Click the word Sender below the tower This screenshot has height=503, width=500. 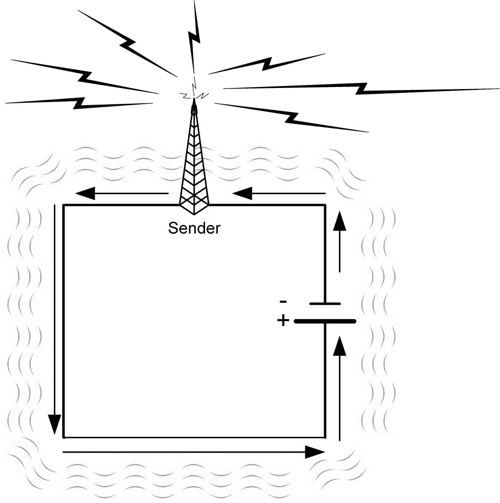point(194,229)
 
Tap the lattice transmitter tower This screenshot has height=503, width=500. point(194,168)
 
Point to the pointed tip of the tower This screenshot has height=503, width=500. point(194,101)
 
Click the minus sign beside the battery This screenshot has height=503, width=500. point(283,301)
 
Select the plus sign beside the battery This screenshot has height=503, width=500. point(283,321)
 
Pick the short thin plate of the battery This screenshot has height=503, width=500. point(325,303)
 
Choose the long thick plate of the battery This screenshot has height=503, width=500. point(325,321)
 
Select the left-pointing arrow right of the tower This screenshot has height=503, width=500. point(279,193)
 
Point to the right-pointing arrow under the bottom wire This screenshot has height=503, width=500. point(193,452)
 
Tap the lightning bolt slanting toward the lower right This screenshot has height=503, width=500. point(292,117)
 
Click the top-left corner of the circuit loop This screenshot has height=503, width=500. point(64,205)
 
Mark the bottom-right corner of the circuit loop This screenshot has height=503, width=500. point(325,437)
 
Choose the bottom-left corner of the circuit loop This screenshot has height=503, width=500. point(64,437)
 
